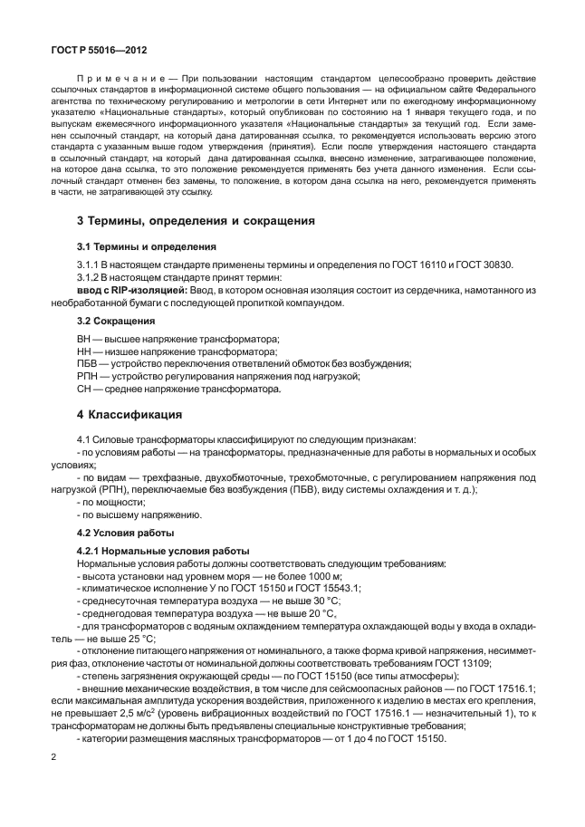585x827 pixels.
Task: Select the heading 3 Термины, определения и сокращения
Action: tap(196, 219)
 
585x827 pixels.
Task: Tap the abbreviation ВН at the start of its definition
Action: tap(85, 338)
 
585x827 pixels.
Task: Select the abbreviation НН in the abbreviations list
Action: tap(85, 351)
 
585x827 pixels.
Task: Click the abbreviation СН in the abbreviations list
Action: tap(85, 389)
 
